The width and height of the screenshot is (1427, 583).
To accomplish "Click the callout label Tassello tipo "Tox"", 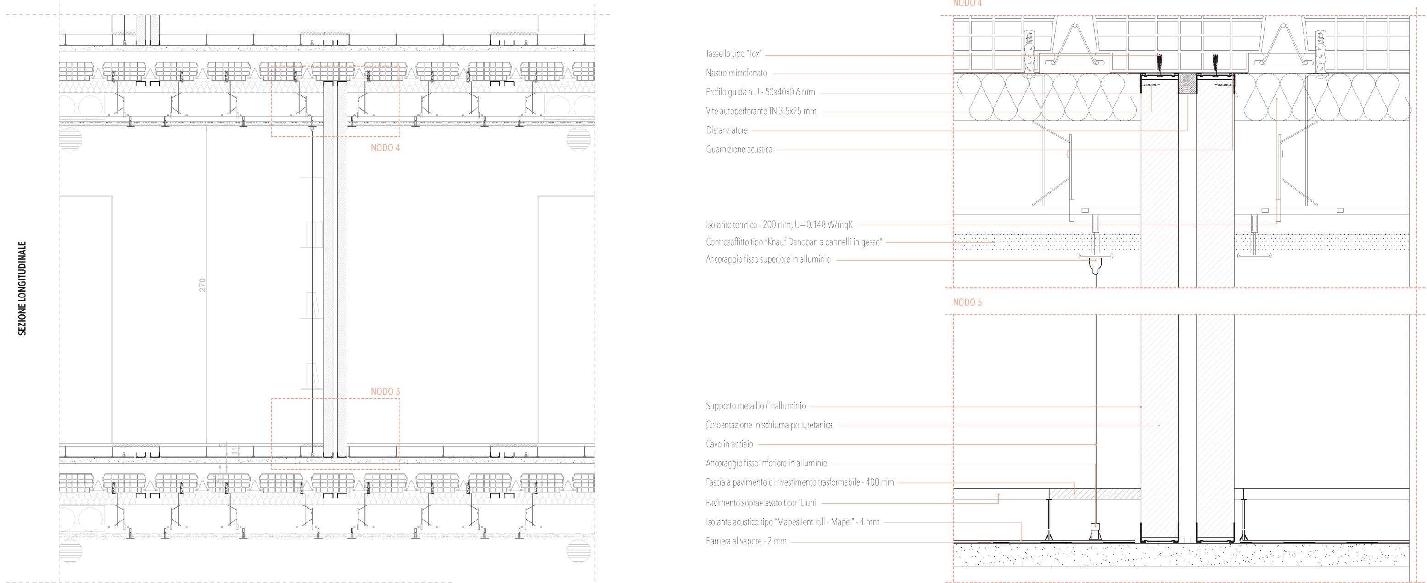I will pyautogui.click(x=734, y=54).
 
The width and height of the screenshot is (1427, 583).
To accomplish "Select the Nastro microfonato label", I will pyautogui.click(x=736, y=73).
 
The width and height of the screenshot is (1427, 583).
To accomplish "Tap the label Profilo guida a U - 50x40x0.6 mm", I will pyautogui.click(x=760, y=92).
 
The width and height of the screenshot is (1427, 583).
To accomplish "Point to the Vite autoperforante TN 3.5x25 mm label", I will pyautogui.click(x=761, y=112).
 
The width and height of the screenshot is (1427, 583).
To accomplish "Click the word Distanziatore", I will pyautogui.click(x=726, y=130).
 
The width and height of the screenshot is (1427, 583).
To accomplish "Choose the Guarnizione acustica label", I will pyautogui.click(x=739, y=149).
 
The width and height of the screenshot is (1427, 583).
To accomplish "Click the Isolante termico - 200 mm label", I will pyautogui.click(x=779, y=224).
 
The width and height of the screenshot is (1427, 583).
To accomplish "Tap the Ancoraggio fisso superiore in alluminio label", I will pyautogui.click(x=768, y=259).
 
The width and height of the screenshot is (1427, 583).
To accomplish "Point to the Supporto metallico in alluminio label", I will pyautogui.click(x=755, y=406).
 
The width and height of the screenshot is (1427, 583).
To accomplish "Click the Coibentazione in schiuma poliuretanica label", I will pyautogui.click(x=768, y=425).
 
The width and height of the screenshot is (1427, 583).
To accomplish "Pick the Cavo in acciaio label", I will pyautogui.click(x=729, y=444).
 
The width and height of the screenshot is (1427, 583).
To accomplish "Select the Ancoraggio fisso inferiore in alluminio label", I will pyautogui.click(x=766, y=463).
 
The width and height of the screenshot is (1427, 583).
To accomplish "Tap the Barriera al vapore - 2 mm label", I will pyautogui.click(x=746, y=541).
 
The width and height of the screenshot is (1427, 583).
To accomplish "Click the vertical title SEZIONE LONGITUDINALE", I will pyautogui.click(x=22, y=288).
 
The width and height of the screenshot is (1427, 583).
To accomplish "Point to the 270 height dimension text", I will pyautogui.click(x=202, y=285).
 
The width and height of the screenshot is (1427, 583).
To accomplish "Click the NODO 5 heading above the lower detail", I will pyautogui.click(x=967, y=303).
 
